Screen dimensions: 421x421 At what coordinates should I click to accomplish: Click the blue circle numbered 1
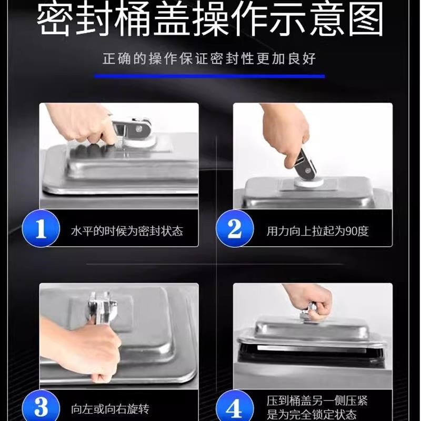(x=41, y=228)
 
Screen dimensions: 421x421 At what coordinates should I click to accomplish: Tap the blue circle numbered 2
(x=235, y=228)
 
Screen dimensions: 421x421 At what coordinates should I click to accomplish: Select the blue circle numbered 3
(x=41, y=407)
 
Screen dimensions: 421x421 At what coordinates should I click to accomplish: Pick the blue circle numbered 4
(x=235, y=407)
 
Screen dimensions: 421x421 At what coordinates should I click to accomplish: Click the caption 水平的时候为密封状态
(x=127, y=231)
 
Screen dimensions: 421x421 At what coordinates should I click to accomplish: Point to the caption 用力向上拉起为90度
(x=318, y=231)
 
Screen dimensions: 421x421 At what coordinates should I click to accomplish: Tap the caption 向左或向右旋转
(x=110, y=409)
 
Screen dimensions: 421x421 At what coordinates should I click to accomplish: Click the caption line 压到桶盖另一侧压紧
(x=317, y=401)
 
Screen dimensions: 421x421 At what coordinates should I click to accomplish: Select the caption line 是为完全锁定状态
(x=312, y=415)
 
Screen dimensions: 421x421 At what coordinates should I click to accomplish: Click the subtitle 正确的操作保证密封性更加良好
(x=209, y=58)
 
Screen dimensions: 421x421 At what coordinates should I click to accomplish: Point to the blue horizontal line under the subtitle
(x=209, y=76)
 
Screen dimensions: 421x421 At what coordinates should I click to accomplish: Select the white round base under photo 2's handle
(x=309, y=182)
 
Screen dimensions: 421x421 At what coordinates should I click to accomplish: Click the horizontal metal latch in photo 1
(x=132, y=128)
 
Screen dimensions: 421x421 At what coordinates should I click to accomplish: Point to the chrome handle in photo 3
(x=102, y=309)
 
